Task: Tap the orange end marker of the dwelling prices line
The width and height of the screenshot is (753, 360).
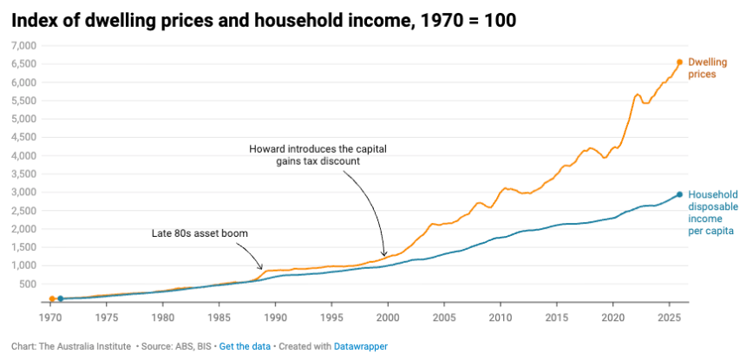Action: point(679,62)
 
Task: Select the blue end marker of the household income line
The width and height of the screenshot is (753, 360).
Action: point(679,194)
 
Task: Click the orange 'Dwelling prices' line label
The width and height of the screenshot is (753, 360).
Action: point(702,69)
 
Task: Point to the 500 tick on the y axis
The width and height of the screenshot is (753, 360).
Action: point(26,284)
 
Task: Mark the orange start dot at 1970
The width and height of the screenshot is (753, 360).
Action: point(52,298)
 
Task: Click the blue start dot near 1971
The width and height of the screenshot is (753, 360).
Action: point(60,298)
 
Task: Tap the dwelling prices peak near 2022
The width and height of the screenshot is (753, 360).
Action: point(638,94)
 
